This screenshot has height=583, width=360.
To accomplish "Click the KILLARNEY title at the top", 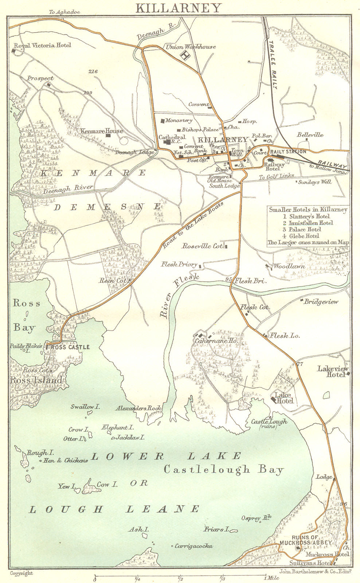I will tap(178, 8).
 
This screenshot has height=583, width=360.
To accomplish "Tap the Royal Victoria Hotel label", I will tap(42, 46).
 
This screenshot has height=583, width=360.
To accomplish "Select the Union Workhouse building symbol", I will tap(186, 56).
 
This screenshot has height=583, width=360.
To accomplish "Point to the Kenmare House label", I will tap(102, 131).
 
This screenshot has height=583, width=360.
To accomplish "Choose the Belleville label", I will tap(310, 135).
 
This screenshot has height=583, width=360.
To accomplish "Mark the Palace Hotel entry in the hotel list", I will tap(305, 230).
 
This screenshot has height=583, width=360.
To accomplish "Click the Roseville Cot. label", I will tap(203, 246).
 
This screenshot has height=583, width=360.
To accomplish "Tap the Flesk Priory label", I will tap(179, 265).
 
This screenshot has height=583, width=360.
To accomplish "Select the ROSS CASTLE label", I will tap(70, 347).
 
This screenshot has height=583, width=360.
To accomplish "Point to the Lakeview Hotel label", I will tap(333, 371).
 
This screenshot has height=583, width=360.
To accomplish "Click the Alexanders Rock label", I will tap(138, 408).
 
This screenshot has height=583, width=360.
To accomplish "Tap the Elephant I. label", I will tap(117, 427).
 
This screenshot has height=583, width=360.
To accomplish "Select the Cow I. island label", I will tap(107, 485).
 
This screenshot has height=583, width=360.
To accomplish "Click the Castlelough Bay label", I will tap(223, 469).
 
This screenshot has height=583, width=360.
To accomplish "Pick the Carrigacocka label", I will tap(193, 546).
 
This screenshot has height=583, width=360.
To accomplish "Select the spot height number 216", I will tap(93, 71).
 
